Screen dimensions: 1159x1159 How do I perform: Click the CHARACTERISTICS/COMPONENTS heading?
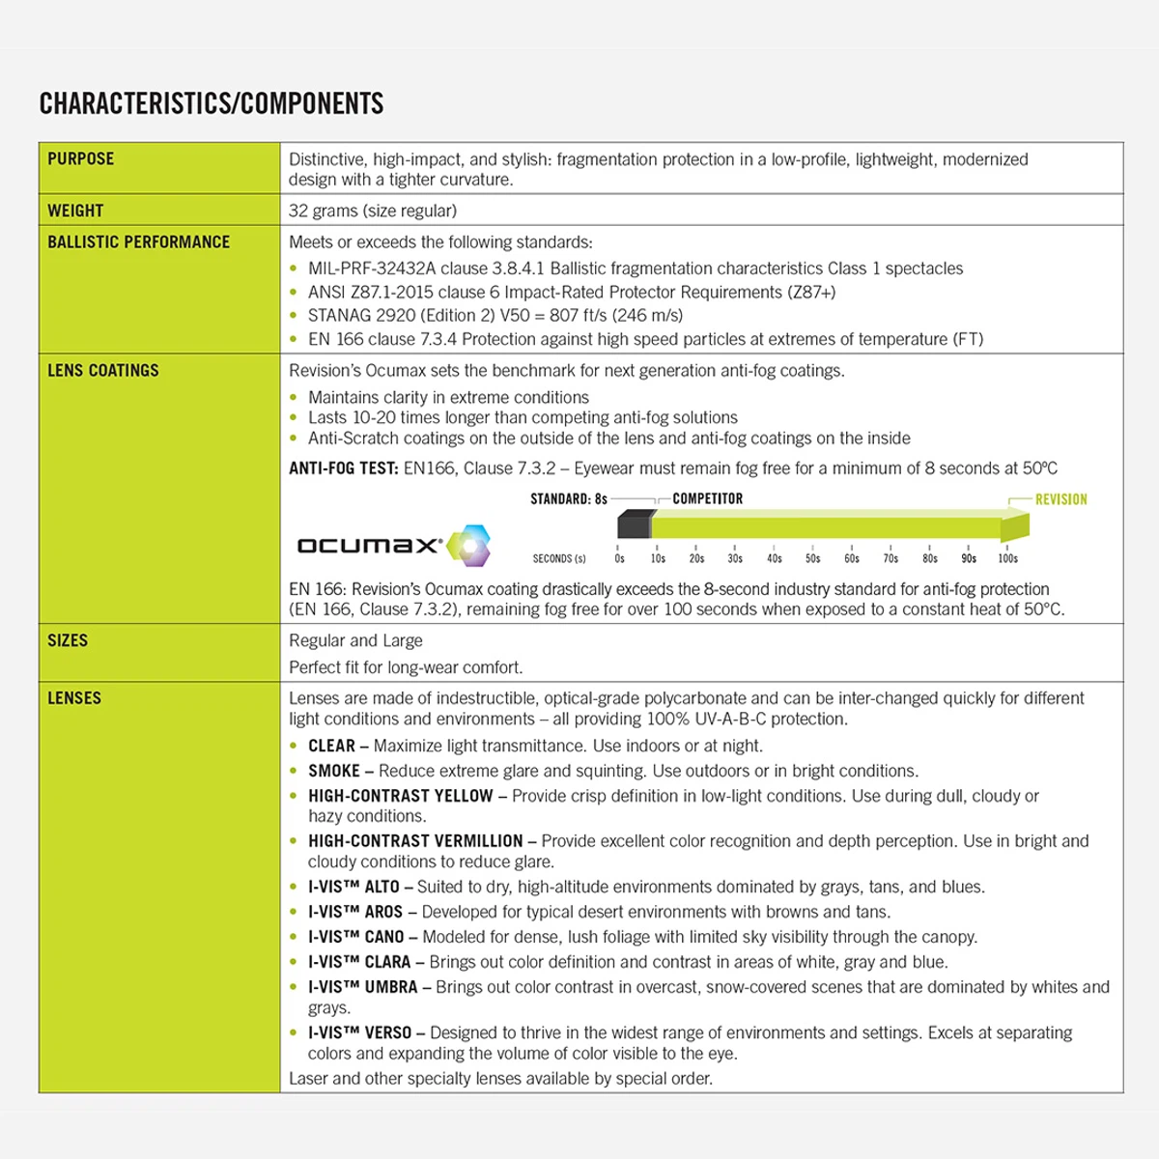212,104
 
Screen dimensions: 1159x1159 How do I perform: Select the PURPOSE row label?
81,159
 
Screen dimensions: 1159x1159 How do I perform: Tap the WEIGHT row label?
75,211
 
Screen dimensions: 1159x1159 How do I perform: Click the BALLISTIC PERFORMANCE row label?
139,242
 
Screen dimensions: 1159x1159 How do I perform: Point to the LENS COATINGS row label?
103,371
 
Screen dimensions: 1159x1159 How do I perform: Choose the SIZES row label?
68,641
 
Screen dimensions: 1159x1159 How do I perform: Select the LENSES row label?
74,698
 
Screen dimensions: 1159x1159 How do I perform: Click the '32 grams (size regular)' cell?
373,211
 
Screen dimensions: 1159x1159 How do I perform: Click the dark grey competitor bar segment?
634,525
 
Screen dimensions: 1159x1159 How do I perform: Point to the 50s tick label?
813,558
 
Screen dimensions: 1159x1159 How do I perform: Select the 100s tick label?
1007,558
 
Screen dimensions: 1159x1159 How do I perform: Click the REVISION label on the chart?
1060,499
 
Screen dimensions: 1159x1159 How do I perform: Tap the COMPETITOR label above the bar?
708,499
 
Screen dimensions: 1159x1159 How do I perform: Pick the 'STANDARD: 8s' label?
569,499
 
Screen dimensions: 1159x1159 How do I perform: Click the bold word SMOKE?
334,771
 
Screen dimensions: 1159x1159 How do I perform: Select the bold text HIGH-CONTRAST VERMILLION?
415,841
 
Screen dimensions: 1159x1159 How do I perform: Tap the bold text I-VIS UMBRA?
363,987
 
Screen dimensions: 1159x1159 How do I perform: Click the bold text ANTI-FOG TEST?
344,468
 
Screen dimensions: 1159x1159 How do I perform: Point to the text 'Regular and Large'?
355,641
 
